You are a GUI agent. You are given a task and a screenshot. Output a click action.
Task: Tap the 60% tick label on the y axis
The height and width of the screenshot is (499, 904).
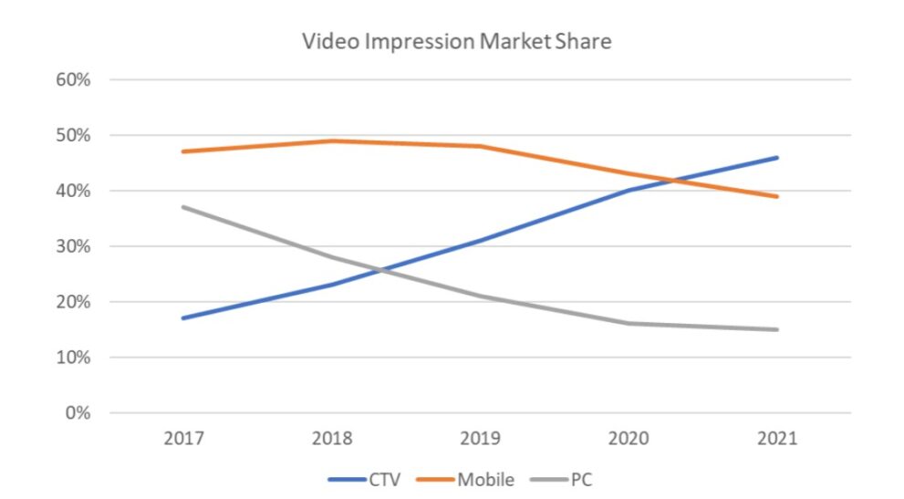click(x=72, y=79)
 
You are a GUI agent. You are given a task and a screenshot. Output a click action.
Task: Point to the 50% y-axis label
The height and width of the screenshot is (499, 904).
click(x=72, y=135)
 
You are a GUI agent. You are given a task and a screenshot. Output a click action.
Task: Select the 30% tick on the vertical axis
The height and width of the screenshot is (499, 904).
click(x=72, y=246)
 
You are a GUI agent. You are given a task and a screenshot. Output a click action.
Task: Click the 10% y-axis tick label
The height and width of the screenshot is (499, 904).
click(x=72, y=358)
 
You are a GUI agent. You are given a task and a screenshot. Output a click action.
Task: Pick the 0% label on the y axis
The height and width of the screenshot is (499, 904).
click(x=77, y=413)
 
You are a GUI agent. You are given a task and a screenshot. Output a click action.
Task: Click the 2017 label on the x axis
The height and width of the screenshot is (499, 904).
click(x=184, y=439)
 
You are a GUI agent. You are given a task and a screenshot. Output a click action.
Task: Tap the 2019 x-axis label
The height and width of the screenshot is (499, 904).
click(x=481, y=439)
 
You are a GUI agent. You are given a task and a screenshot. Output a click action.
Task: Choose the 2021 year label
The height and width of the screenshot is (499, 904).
click(x=777, y=439)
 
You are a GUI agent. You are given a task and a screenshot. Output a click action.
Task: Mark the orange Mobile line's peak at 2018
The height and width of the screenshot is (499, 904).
click(x=333, y=140)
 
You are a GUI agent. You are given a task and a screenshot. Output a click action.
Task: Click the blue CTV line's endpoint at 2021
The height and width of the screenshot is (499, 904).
click(x=777, y=158)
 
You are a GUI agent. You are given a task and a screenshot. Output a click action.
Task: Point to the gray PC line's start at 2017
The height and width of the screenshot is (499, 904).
click(x=184, y=207)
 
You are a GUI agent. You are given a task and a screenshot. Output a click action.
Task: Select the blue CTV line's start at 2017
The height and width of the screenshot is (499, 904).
click(x=184, y=318)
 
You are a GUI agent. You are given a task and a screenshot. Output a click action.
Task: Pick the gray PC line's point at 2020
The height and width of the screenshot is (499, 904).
click(x=629, y=324)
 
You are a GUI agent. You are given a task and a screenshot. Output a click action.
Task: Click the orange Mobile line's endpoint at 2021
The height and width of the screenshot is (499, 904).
click(x=777, y=196)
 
